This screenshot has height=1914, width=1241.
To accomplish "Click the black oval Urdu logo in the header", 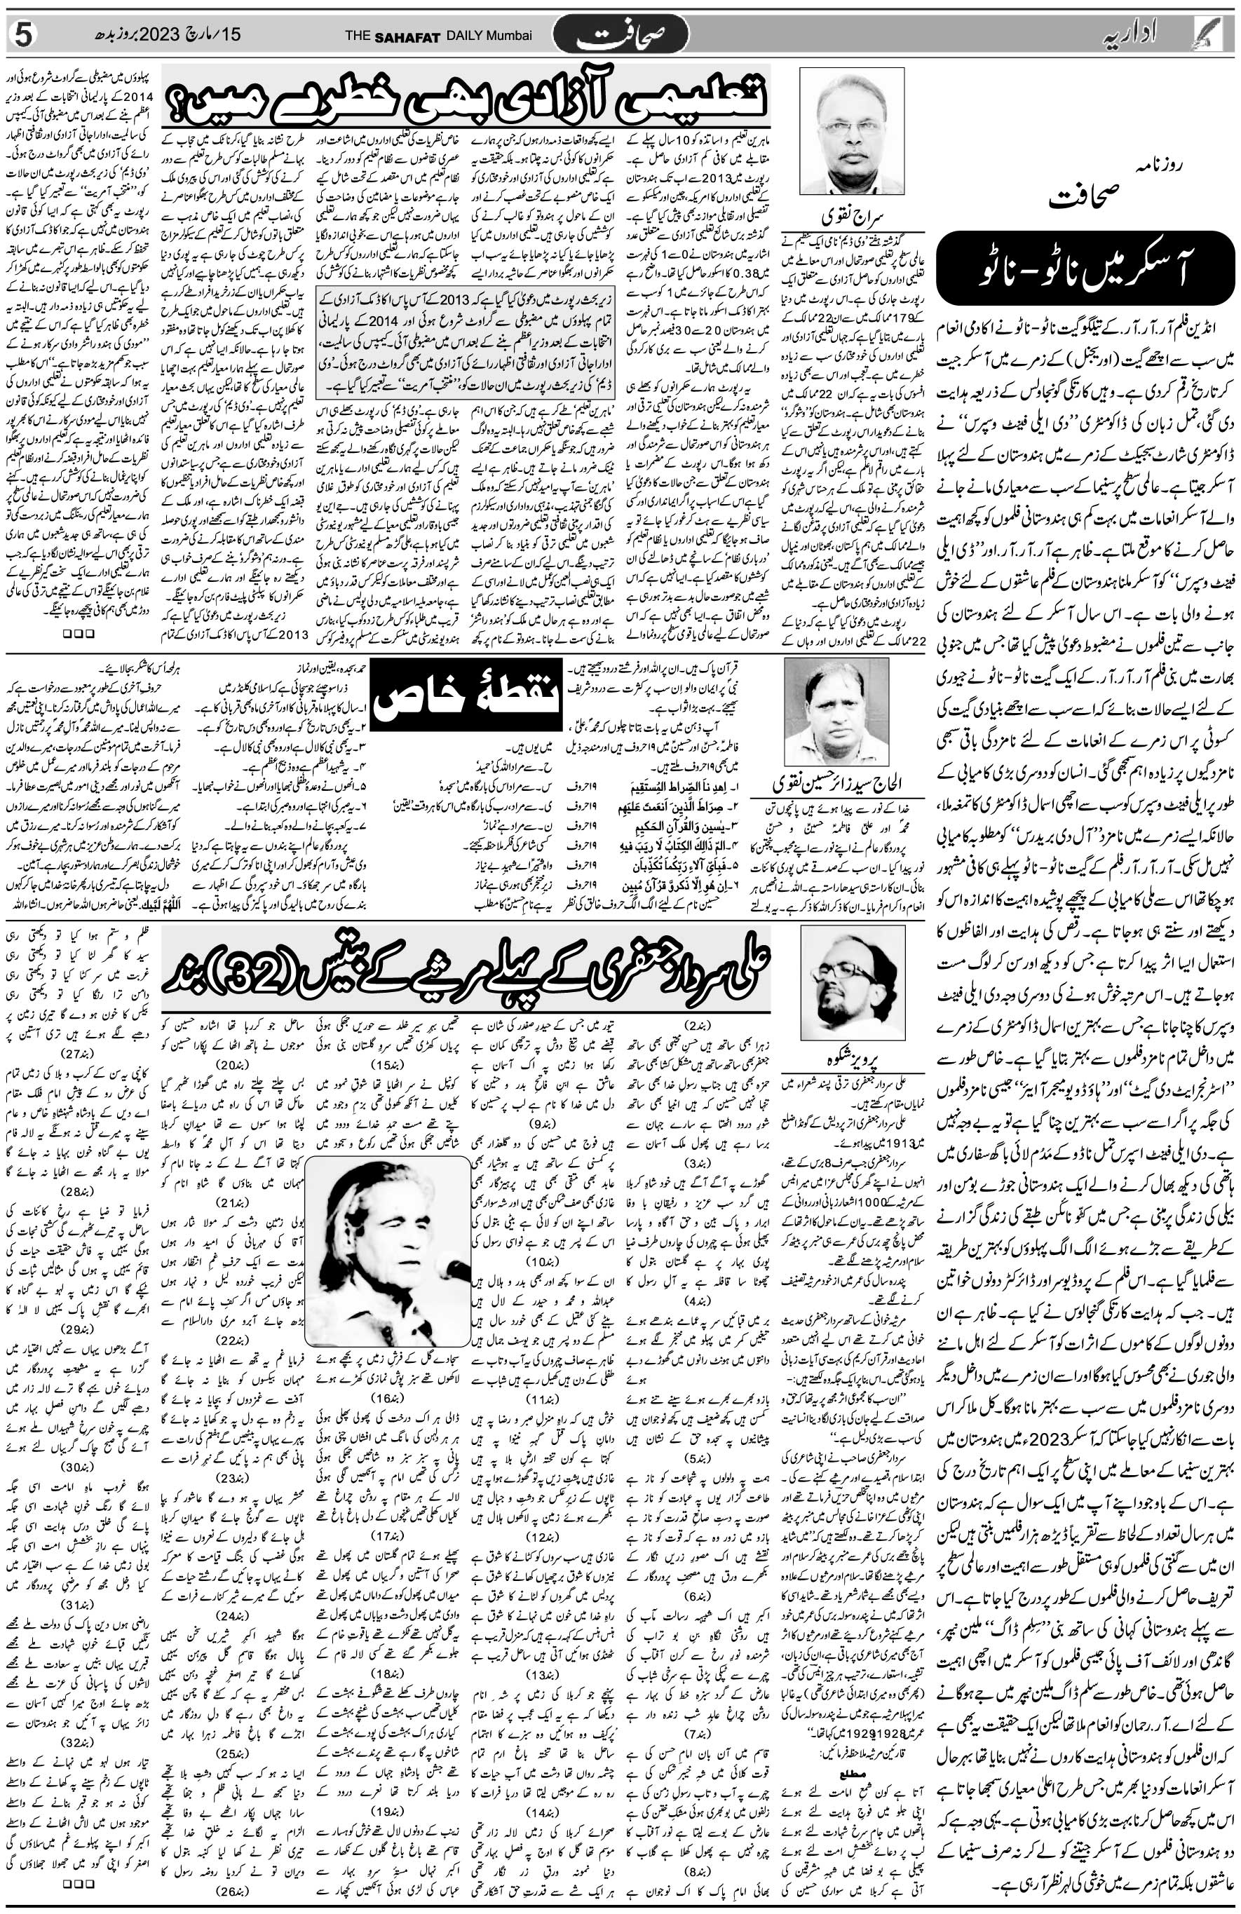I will (632, 35).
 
